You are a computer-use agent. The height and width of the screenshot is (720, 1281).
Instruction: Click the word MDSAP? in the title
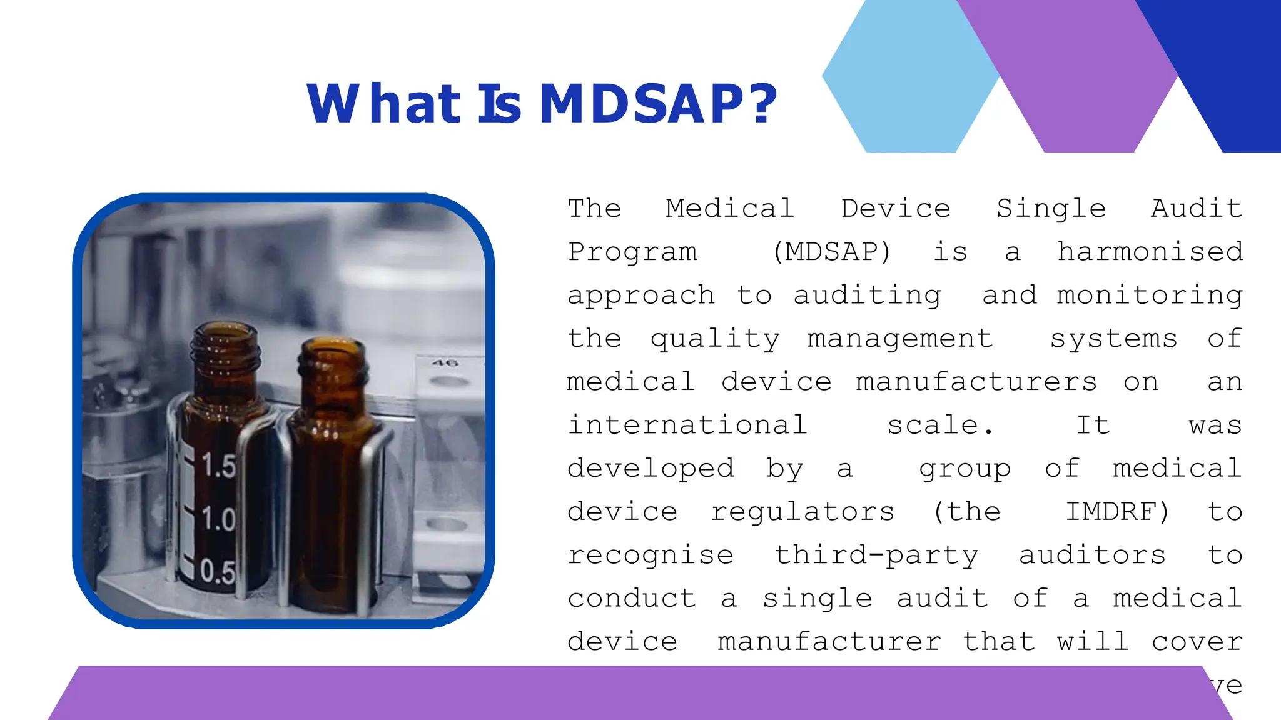tap(658, 104)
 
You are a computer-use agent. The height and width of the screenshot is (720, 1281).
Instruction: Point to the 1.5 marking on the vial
tap(218, 466)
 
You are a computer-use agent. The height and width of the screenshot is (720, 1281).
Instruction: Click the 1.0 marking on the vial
tap(218, 519)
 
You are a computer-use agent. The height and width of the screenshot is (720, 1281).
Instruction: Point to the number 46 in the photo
tap(445, 363)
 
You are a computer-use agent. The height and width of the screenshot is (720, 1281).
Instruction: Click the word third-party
tap(876, 556)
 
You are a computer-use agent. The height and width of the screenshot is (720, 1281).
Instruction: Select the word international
tap(687, 426)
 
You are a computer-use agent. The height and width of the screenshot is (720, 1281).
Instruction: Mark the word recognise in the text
tap(651, 556)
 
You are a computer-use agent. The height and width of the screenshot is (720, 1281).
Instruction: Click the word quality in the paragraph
tap(715, 339)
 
